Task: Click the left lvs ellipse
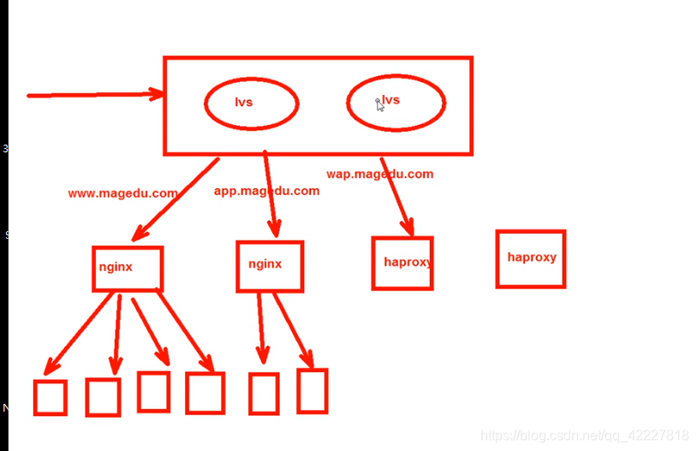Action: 251,103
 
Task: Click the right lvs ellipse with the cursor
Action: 396,102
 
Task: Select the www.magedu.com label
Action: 122,193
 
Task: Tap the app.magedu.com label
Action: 266,191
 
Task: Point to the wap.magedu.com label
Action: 379,174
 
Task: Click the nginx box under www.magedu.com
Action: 127,268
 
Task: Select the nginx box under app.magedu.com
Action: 270,265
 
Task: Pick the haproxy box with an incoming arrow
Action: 402,263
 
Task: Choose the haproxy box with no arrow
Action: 531,258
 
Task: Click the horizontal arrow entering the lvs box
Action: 94,95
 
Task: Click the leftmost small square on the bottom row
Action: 51,398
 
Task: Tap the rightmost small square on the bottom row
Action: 313,391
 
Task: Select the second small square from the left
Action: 103,397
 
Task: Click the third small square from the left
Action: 154,391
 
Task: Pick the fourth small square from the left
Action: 205,394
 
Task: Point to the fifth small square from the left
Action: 264,394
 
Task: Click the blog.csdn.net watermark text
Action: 584,436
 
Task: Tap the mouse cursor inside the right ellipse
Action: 379,104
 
